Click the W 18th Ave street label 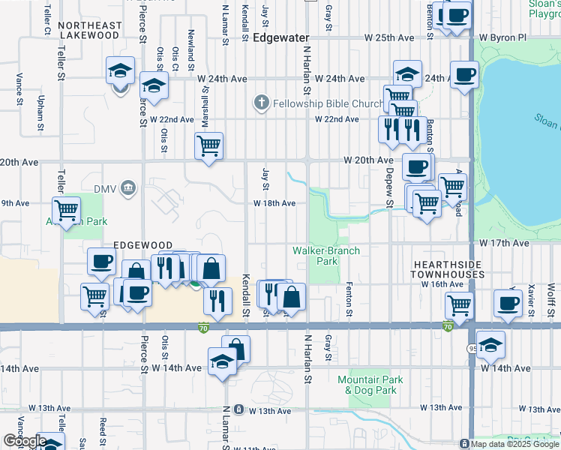point(274,203)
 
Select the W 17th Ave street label point(505,243)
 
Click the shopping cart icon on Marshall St point(208,145)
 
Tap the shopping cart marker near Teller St point(66,209)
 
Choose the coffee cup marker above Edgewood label point(100,260)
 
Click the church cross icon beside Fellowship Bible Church point(261,103)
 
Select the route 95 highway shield point(472,347)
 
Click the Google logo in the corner point(25,440)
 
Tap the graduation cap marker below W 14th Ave point(222,363)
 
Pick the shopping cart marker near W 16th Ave point(457,304)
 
